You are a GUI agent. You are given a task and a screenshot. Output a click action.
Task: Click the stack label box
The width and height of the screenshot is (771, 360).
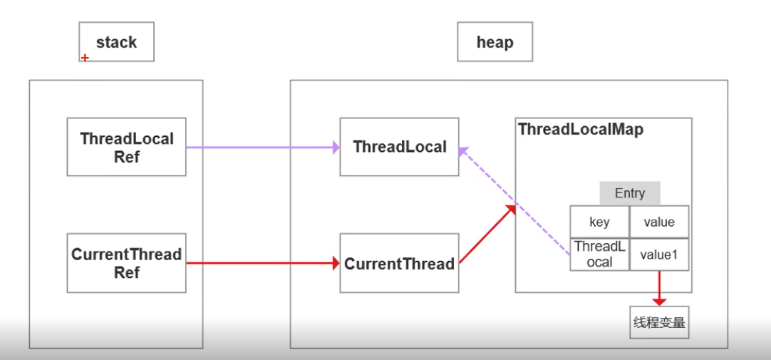pos(116,43)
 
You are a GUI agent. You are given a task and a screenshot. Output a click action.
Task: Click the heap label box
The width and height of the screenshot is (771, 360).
pos(495,43)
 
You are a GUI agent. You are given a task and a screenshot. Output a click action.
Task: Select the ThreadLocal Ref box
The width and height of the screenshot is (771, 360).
pos(127,147)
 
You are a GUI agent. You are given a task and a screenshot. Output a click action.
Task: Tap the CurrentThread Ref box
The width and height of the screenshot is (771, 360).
pos(127,263)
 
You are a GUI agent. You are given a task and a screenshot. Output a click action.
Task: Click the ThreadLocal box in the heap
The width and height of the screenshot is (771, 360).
pos(400,147)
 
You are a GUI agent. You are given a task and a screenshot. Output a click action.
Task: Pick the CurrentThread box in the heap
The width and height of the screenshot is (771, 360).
pos(400,263)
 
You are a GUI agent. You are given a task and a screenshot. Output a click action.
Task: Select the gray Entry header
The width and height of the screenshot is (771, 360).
pos(629,193)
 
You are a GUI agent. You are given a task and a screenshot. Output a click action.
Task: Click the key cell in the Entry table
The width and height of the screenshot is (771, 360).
pos(599,222)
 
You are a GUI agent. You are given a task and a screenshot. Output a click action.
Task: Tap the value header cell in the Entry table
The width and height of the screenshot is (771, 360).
pos(658,222)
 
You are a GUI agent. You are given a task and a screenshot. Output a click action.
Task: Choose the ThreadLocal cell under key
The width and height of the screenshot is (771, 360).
pos(599,254)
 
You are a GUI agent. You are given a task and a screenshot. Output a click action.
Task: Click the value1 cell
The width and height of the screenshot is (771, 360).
pos(658,254)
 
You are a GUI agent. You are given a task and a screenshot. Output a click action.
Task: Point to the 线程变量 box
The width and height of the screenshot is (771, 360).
pos(658,323)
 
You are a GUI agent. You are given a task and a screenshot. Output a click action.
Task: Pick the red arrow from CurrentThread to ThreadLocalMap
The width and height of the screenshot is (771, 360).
pos(487,235)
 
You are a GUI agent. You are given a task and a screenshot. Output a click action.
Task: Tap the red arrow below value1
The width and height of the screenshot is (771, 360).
pos(658,289)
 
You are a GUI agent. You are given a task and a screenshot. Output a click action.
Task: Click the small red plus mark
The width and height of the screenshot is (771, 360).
pos(85,58)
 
